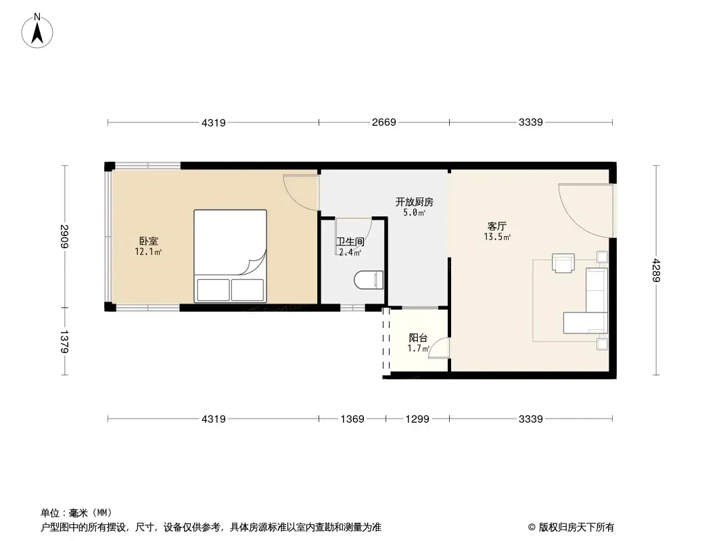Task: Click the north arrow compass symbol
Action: point(37,31)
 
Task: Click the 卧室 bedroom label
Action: point(149,241)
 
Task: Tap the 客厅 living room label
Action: point(496,226)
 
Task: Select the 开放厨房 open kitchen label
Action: point(415,202)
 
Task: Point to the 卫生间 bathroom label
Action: point(350,242)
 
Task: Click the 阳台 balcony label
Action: point(418,338)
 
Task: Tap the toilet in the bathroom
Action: point(369,280)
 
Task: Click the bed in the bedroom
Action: point(231,256)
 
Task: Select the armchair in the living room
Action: point(563,263)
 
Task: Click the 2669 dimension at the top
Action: point(384,122)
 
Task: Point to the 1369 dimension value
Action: point(352,419)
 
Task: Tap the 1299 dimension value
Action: point(417,419)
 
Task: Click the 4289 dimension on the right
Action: point(656,270)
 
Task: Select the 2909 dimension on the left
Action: point(64,236)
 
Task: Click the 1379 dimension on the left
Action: point(64,342)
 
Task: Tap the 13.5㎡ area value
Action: point(497,237)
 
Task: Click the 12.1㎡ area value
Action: point(148,252)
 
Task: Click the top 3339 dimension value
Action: point(531,122)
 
